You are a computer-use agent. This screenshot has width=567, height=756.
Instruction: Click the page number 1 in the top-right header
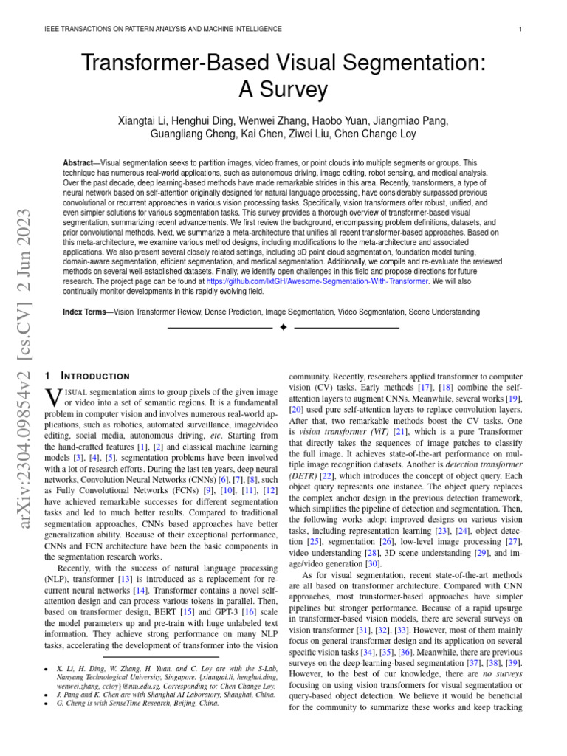tap(521, 29)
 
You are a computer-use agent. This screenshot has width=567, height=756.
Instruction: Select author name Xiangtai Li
tap(142, 121)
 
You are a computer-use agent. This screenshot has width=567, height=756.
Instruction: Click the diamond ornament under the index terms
tap(283, 326)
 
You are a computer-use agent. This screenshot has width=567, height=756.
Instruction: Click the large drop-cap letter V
tap(53, 396)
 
